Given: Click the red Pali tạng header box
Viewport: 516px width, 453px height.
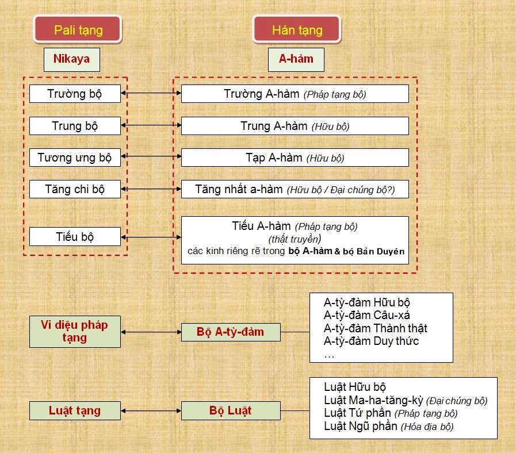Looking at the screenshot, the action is [78, 29].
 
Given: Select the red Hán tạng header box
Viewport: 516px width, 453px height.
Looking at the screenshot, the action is [297, 29].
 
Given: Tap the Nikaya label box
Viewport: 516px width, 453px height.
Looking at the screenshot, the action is [72, 60].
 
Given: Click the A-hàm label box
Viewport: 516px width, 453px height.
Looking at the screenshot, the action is [296, 60].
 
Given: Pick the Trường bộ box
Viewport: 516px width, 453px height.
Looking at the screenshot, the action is [75, 94].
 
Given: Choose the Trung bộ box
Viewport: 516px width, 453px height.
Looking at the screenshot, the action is [75, 126].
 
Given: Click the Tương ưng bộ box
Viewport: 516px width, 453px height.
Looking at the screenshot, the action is [75, 158].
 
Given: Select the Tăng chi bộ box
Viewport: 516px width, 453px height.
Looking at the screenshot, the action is [75, 189].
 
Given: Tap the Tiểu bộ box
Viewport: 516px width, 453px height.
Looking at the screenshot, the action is [75, 236].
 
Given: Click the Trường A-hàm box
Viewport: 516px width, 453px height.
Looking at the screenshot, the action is [295, 94].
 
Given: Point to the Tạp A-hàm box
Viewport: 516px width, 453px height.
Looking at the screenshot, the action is [295, 158].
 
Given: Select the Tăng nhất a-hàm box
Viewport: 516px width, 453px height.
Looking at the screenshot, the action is [295, 189].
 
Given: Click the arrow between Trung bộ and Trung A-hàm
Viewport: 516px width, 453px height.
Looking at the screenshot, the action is [151, 125].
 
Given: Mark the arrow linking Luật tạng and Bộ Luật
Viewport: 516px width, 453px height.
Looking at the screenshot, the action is [151, 410].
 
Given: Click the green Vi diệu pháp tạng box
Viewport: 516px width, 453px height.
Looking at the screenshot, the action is [75, 332].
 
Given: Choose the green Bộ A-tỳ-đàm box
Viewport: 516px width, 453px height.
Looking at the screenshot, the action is [231, 332].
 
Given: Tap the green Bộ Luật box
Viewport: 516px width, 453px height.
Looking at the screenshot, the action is [231, 410].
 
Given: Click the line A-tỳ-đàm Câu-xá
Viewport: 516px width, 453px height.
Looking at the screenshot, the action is [367, 315].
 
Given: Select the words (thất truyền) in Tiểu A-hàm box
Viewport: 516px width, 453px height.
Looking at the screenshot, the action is [295, 239].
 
